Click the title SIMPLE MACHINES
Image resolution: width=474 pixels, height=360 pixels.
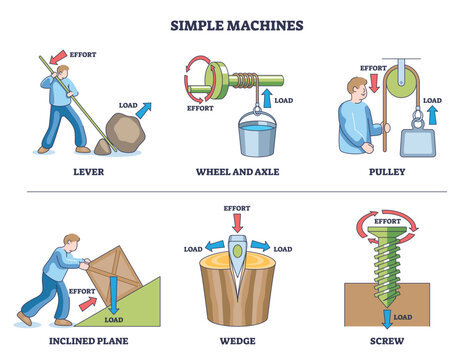click(x=237, y=22)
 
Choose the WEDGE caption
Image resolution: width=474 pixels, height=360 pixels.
click(x=238, y=341)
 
